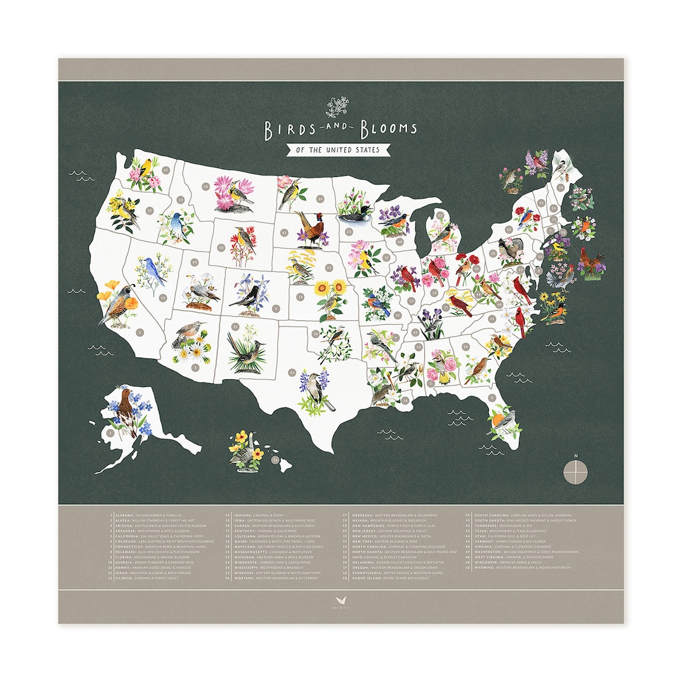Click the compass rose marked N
tap(575, 471)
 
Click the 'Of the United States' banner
tap(333, 150)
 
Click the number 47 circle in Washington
tap(166, 170)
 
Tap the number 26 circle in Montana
tap(205, 186)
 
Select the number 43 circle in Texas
tap(292, 372)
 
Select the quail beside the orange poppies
tap(117, 304)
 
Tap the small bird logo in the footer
tap(341, 599)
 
